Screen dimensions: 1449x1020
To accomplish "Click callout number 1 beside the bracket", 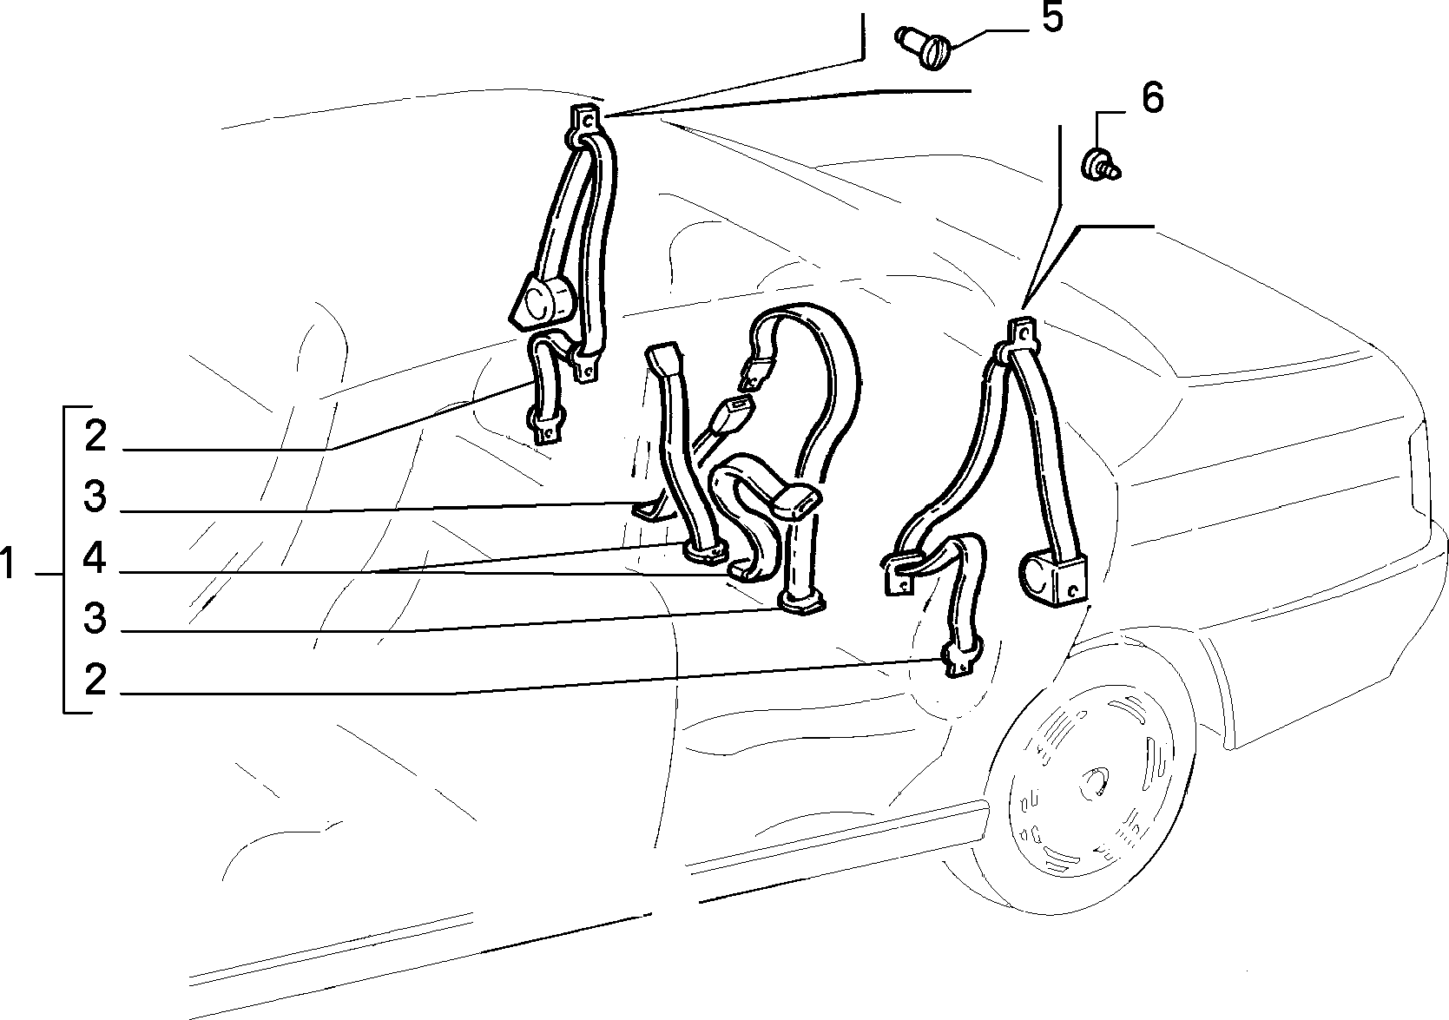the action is (8, 563).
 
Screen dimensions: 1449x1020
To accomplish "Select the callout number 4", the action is (95, 558).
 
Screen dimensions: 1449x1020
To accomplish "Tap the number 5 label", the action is (1052, 17).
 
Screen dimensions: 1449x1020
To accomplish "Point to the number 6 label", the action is (1152, 98).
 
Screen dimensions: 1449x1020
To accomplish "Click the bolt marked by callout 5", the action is (922, 48).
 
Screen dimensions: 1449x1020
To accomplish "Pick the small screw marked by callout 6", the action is (1100, 164).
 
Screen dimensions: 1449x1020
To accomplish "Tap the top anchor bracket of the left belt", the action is (586, 120).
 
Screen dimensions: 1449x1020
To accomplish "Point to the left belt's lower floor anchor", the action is (547, 425).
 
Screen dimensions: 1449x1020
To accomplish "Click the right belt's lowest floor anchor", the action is (961, 659).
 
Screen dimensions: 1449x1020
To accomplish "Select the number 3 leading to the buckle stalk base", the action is (96, 619).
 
